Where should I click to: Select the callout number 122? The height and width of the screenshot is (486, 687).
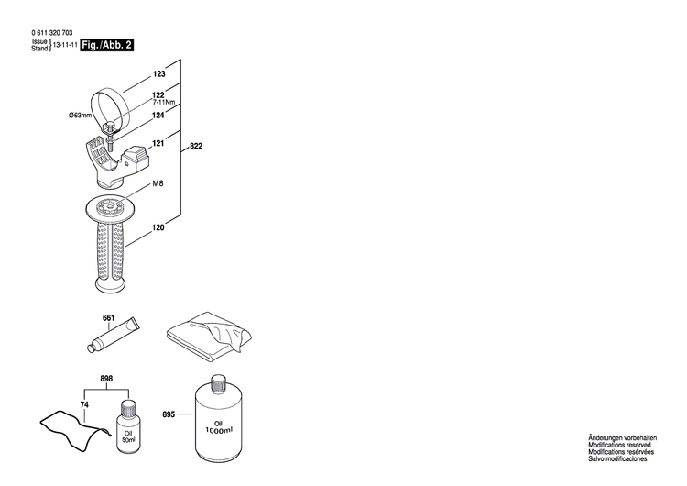158,95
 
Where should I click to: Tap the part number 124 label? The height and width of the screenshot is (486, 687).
158,115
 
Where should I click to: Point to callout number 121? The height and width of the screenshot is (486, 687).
158,143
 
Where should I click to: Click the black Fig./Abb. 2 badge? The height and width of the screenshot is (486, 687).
107,44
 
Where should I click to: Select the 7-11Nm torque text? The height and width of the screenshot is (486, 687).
165,104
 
